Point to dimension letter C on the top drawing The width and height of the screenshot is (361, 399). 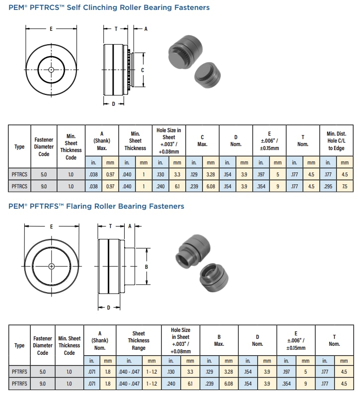143,70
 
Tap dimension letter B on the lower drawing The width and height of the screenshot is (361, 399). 146,267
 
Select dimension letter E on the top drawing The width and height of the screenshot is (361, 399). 51,29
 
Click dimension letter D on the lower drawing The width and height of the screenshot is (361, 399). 108,308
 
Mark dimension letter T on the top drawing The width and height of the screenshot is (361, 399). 116,29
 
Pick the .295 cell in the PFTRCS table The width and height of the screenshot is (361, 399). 328,186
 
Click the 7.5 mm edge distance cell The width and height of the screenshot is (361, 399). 345,186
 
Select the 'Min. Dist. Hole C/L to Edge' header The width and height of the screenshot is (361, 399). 336,141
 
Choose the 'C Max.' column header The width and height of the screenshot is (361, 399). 203,141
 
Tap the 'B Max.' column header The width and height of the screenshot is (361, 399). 218,340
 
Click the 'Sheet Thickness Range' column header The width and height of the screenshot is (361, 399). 139,340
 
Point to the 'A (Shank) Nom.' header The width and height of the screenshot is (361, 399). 100,340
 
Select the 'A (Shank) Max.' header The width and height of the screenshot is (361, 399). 101,141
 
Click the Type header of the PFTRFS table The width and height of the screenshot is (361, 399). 19,345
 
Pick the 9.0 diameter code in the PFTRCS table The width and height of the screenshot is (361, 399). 44,186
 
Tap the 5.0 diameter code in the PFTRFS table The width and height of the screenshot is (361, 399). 43,371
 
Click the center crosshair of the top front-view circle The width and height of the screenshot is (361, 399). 51,70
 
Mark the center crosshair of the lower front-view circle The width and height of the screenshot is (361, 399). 52,266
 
